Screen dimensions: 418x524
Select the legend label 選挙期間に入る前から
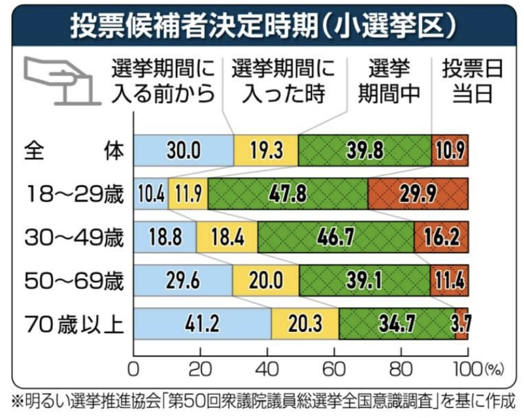coord(163,81)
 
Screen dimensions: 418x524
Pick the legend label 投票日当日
coord(472,81)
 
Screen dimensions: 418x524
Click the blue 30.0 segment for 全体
coord(184,152)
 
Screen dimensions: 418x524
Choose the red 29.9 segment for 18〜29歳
coord(418,195)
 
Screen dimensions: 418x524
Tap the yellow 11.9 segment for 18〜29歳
coord(188,195)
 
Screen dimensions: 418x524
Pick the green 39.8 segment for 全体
coord(364,152)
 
